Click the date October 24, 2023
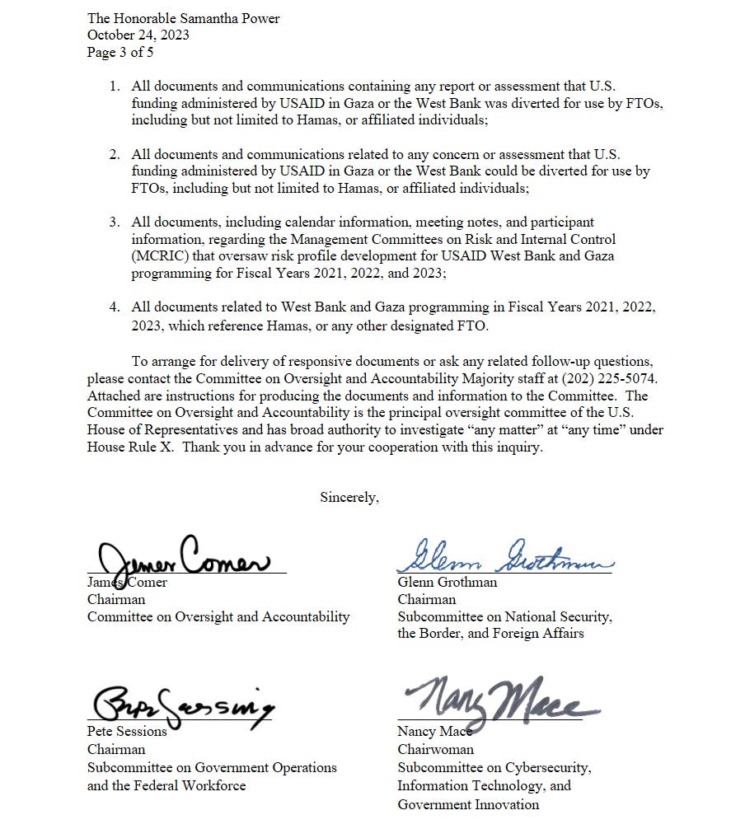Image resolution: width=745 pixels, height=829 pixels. [138, 35]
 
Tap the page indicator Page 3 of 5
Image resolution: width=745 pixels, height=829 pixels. [120, 52]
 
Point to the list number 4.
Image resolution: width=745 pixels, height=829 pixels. [115, 307]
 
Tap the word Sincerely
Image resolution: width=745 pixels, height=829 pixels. [349, 497]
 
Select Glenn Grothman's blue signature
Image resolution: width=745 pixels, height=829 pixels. [504, 557]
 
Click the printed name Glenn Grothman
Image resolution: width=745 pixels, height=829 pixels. [447, 582]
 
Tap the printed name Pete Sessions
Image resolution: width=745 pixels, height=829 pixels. [127, 731]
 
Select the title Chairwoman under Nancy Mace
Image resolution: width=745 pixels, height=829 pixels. [435, 749]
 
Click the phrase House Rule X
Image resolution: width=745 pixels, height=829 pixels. [124, 447]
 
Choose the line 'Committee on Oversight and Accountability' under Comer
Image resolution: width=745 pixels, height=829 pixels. [218, 616]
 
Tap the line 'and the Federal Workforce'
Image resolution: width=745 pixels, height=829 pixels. [166, 785]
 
